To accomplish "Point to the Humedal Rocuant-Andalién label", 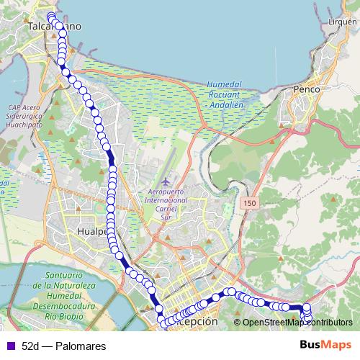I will [228, 94].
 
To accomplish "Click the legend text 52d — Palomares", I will [64, 346].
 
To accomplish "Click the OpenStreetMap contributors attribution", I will [297, 323].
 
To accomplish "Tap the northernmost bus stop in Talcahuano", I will [50, 16].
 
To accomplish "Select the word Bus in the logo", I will [312, 346].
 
